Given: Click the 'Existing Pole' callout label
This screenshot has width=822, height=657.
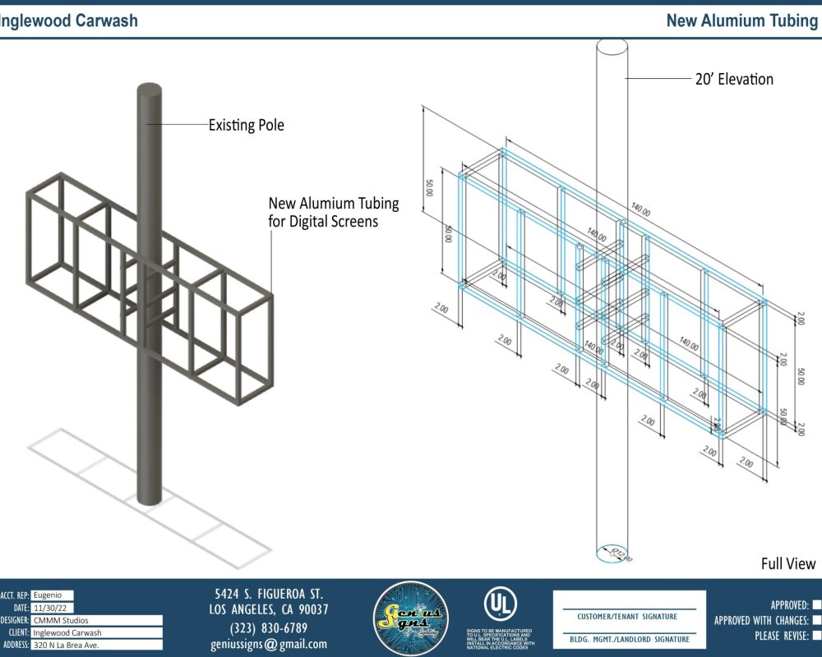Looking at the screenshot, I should click(x=247, y=126).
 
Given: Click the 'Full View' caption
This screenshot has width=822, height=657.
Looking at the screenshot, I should click(x=787, y=563).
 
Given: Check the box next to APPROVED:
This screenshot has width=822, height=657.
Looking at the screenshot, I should click(x=816, y=605).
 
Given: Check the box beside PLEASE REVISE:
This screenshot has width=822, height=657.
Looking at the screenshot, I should click(x=816, y=636).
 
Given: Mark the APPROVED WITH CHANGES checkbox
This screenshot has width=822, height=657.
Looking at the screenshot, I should click(x=816, y=621).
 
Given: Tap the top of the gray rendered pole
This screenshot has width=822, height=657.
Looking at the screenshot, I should click(x=149, y=90).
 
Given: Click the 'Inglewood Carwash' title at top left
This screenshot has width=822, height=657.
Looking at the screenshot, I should click(x=69, y=21).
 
